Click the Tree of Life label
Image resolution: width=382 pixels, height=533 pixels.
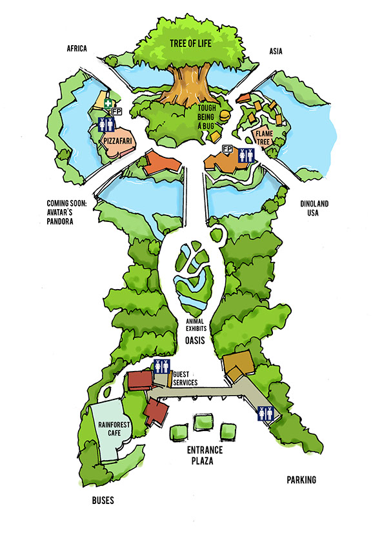click(x=190, y=43)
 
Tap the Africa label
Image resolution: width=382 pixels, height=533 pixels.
click(x=77, y=48)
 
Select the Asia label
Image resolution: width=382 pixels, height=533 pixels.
click(x=276, y=51)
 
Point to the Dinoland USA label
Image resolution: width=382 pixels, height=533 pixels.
click(x=314, y=208)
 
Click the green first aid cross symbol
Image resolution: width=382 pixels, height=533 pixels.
click(x=108, y=104)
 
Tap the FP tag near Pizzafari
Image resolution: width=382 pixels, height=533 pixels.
click(x=117, y=112)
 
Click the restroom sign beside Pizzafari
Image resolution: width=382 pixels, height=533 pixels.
click(x=106, y=125)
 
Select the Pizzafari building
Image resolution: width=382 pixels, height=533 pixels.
click(x=117, y=143)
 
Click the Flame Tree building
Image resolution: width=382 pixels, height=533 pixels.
click(x=263, y=137)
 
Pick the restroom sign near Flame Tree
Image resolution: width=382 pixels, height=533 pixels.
click(x=246, y=156)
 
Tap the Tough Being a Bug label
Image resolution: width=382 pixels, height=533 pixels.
click(x=206, y=117)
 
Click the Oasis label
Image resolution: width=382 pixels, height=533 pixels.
click(x=195, y=340)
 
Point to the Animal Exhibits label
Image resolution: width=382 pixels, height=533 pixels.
click(x=196, y=325)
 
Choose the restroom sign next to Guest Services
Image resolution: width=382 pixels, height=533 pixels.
click(x=161, y=367)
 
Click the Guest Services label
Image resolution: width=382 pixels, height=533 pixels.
click(x=185, y=378)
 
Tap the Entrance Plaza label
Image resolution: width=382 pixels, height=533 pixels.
click(x=205, y=456)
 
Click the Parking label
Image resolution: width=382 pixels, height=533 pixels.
click(x=301, y=480)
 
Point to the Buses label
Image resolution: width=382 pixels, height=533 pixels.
click(x=103, y=500)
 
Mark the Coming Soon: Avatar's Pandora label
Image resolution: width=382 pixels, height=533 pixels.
click(x=66, y=212)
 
